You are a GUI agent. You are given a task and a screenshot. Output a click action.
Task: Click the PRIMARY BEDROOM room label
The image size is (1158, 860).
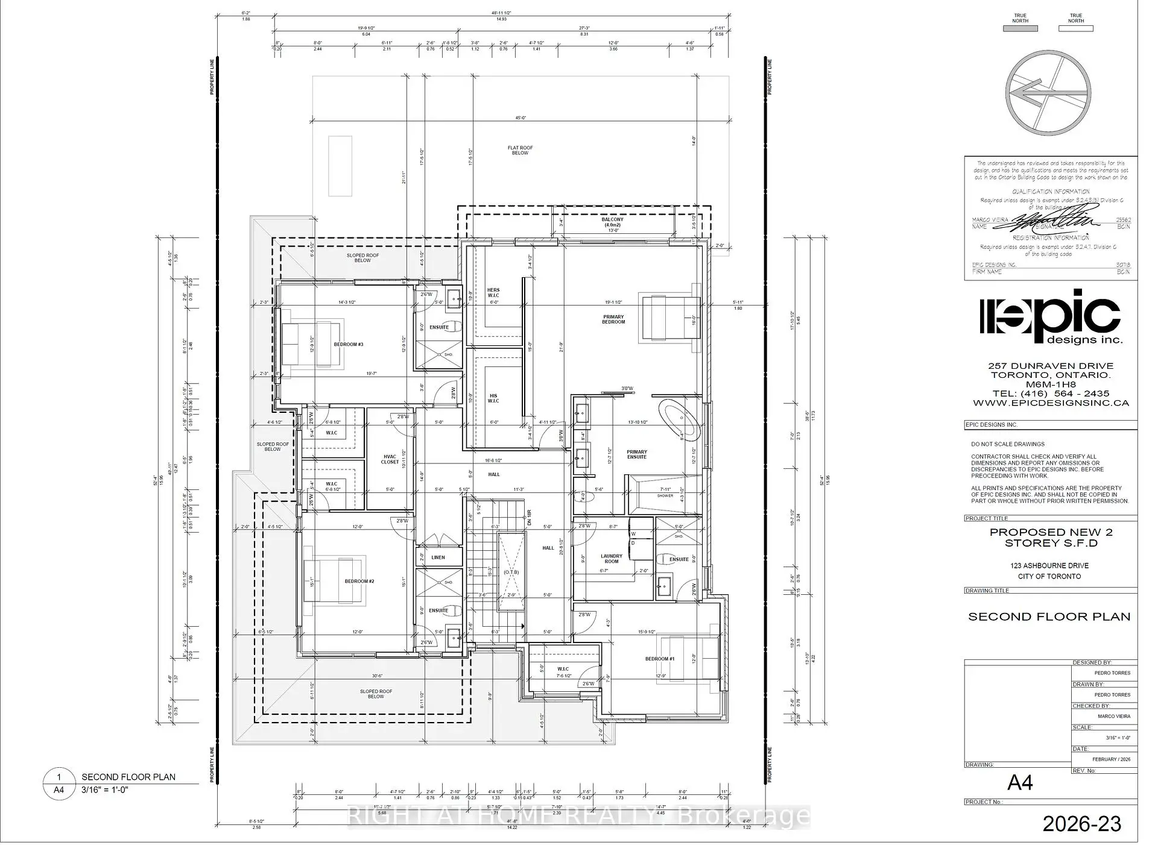(613, 319)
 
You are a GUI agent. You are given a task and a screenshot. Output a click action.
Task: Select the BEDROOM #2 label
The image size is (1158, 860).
(359, 582)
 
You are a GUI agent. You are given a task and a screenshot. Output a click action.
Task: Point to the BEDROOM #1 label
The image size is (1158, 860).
(659, 659)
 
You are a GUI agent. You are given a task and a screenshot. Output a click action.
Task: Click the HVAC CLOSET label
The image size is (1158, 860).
(390, 459)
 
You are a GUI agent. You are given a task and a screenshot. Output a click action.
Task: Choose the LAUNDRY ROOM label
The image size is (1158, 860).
(612, 559)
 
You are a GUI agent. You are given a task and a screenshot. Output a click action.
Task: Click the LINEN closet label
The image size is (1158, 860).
(438, 557)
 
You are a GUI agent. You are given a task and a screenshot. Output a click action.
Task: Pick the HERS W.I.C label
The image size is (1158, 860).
(493, 293)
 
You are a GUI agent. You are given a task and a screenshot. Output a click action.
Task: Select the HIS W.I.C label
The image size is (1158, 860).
(493, 398)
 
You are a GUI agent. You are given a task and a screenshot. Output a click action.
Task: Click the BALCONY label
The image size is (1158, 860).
(612, 222)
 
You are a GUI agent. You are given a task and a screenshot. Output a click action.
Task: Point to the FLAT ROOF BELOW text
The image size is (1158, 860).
(520, 150)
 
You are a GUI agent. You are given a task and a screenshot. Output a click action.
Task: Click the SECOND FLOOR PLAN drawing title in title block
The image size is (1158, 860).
(1049, 617)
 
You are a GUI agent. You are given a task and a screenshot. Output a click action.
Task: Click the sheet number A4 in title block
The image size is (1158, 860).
(1020, 783)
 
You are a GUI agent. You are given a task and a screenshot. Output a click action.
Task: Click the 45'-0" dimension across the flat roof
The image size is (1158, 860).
(520, 119)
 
